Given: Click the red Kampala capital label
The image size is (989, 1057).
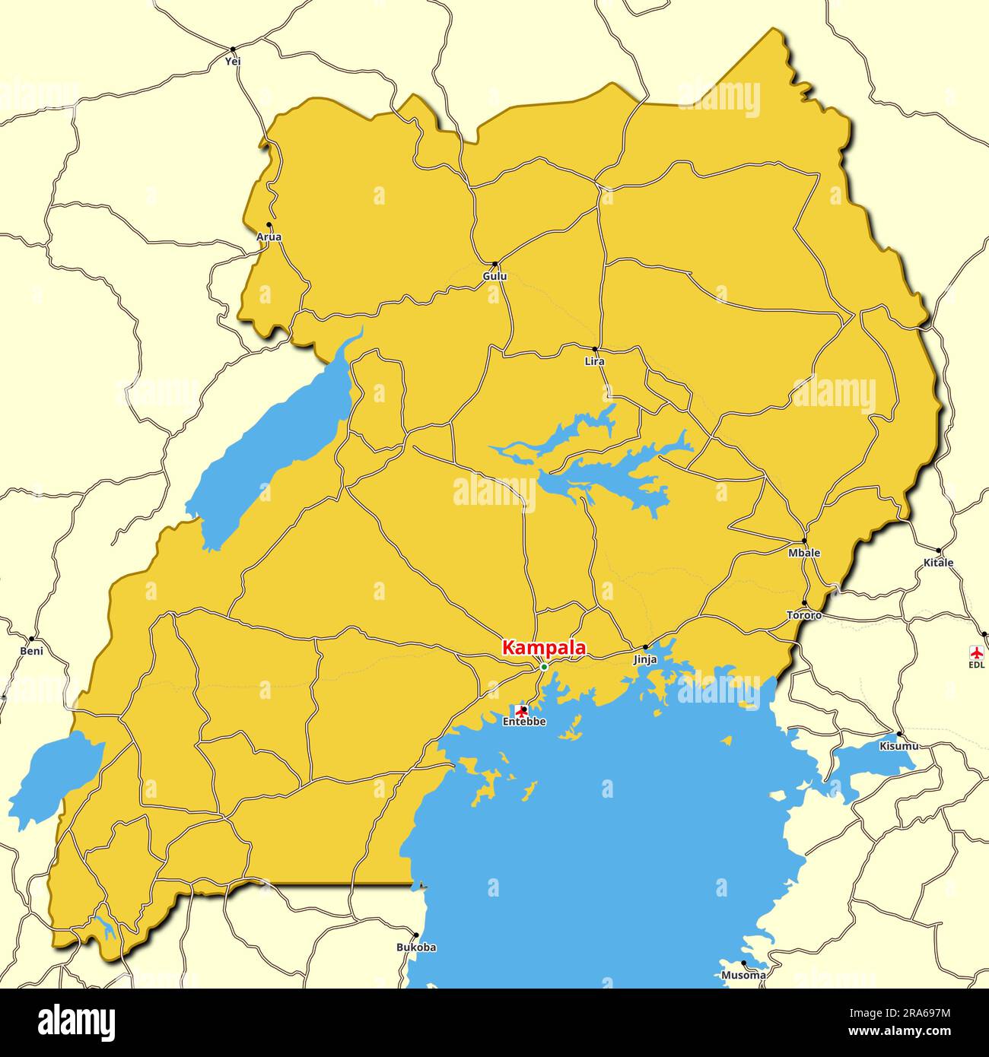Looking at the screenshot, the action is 543,648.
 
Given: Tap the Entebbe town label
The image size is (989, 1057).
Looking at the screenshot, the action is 523,722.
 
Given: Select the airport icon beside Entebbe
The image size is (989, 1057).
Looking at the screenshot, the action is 521,710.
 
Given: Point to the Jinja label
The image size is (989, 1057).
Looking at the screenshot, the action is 645,660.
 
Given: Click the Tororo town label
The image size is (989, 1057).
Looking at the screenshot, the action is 804,614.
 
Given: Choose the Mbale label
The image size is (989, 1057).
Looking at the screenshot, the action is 804,553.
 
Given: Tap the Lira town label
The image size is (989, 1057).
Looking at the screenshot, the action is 594,361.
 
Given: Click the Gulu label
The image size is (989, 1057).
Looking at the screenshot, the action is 494,276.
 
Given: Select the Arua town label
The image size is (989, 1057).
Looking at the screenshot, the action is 269,236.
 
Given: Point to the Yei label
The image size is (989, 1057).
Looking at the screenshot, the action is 233,61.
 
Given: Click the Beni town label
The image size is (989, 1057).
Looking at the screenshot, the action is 31,651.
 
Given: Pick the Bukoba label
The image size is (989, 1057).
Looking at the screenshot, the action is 416,947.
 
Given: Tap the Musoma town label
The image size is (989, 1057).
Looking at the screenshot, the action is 743,975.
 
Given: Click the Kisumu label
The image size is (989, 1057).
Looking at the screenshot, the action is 898,746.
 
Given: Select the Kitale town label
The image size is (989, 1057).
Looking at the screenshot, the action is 938,563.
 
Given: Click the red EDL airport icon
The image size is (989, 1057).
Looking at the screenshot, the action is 976,652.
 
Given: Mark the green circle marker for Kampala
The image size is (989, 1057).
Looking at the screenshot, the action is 543,667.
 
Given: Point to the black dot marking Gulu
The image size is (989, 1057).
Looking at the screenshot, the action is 495,264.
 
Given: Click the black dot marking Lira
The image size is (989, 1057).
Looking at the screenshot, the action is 595,350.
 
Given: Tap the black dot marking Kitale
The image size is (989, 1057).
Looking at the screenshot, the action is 938,551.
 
